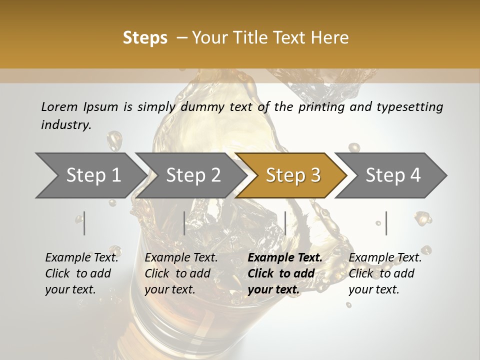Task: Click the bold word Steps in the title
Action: pyautogui.click(x=145, y=38)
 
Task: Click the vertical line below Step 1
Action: pyautogui.click(x=84, y=223)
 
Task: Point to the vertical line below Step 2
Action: pyautogui.click(x=184, y=223)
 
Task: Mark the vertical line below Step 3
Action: pyautogui.click(x=285, y=223)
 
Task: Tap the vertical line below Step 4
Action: pyautogui.click(x=386, y=223)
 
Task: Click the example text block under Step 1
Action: pyautogui.click(x=82, y=273)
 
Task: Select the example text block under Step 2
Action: pyautogui.click(x=181, y=273)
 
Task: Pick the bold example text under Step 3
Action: pyautogui.click(x=285, y=273)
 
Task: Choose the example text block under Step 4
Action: pyautogui.click(x=385, y=273)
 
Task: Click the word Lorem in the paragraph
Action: pyautogui.click(x=59, y=106)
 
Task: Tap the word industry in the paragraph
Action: pyautogui.click(x=66, y=125)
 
